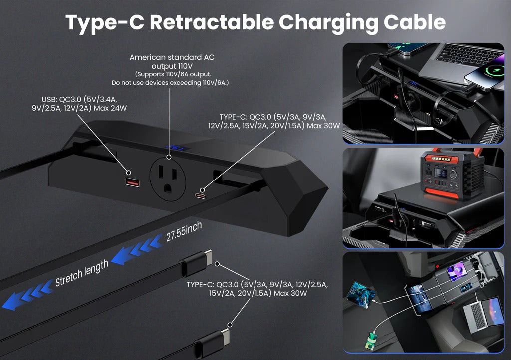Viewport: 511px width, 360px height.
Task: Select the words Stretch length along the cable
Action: (81, 274)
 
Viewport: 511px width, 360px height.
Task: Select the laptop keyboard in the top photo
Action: (457, 54)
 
